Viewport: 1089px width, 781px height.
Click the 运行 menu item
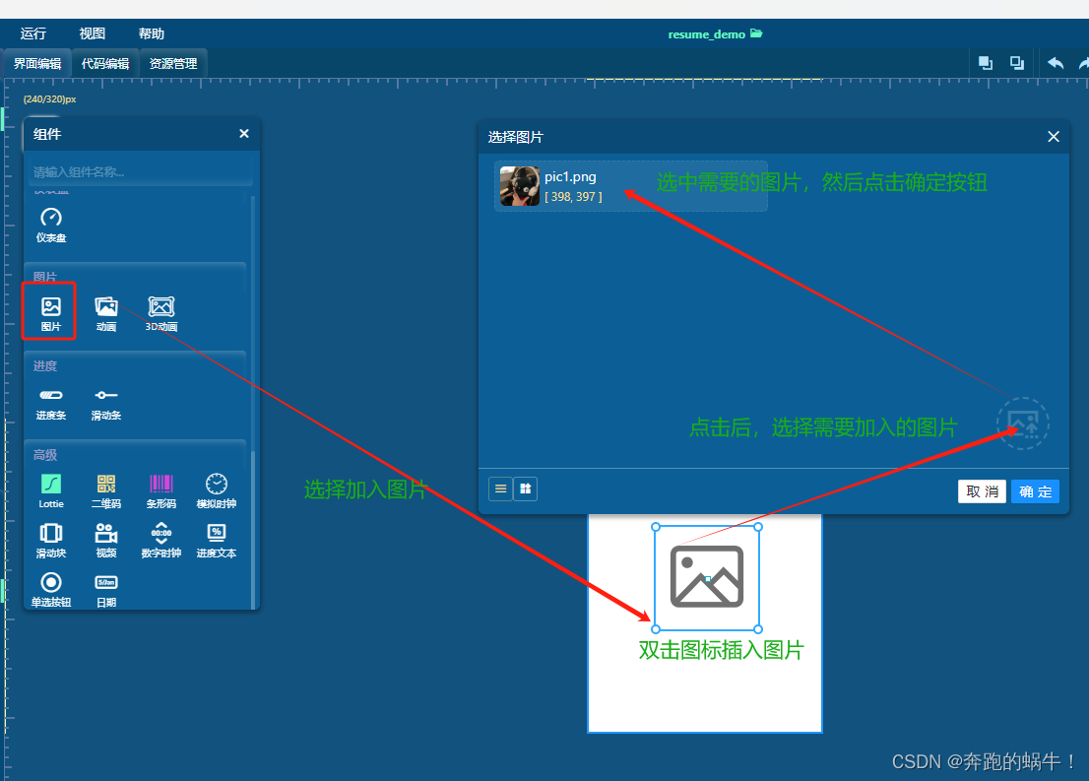(33, 33)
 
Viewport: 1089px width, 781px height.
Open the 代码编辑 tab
(105, 64)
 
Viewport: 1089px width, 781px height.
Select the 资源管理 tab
(173, 64)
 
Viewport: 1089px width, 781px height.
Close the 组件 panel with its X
(244, 134)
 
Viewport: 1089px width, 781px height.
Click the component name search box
(141, 171)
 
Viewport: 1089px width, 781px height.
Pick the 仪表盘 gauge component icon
(51, 219)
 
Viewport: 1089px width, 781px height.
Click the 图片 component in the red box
(51, 307)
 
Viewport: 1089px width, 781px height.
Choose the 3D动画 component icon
(161, 307)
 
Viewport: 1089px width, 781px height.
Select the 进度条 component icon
(51, 396)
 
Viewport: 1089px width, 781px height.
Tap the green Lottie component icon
(51, 484)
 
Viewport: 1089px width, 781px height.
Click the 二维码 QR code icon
(106, 484)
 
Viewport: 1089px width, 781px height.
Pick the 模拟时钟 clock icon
(217, 484)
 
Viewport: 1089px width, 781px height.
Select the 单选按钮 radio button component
(51, 583)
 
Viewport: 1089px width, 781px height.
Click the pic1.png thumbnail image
(519, 186)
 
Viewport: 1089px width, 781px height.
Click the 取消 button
(982, 491)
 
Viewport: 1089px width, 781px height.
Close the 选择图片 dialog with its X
(1054, 137)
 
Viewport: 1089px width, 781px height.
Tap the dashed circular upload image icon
(1023, 423)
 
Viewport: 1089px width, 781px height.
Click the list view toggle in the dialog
(500, 488)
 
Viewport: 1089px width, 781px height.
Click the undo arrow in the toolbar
(1056, 63)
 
